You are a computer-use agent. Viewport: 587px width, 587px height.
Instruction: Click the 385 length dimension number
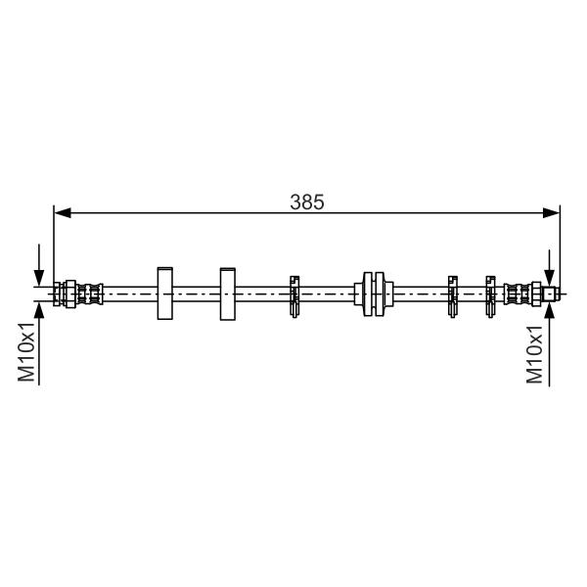[x=307, y=203]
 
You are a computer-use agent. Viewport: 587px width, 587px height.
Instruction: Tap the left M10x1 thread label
[x=26, y=351]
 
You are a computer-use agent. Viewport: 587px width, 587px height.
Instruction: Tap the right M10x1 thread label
[x=534, y=354]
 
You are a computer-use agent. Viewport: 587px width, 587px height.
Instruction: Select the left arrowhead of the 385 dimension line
[x=63, y=213]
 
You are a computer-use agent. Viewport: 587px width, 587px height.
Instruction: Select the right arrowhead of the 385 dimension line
[x=551, y=213]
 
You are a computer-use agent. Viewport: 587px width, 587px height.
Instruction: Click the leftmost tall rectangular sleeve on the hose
[x=164, y=293]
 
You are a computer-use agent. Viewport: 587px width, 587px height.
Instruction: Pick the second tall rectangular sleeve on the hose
[x=228, y=293]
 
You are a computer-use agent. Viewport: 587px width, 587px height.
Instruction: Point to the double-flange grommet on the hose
[x=374, y=293]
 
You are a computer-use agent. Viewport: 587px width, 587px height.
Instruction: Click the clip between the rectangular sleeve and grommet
[x=294, y=296]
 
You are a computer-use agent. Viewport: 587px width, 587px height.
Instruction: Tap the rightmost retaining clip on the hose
[x=490, y=296]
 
